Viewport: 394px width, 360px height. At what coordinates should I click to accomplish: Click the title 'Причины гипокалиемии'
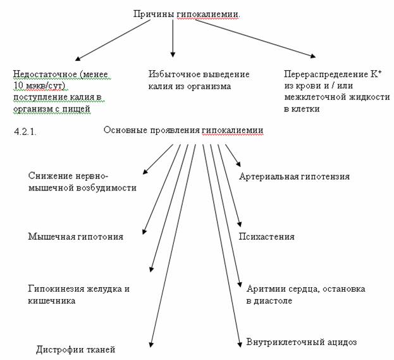(x=187, y=14)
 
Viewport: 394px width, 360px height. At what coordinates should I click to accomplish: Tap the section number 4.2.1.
(x=25, y=132)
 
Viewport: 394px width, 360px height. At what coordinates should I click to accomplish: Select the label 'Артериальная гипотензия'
(x=294, y=177)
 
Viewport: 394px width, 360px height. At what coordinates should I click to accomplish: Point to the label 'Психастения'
(x=266, y=237)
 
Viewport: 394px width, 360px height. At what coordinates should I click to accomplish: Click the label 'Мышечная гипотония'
(x=76, y=237)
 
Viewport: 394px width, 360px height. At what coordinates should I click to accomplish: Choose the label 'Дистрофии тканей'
(x=76, y=349)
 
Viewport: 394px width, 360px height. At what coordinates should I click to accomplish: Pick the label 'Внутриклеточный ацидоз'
(x=302, y=342)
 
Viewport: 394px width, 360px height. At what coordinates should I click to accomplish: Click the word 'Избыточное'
(x=175, y=74)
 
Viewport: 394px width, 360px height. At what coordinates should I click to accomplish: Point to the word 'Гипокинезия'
(x=56, y=289)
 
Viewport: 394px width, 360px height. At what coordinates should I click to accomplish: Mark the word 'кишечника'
(x=51, y=301)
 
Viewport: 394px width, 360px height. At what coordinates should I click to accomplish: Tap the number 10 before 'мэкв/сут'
(x=18, y=85)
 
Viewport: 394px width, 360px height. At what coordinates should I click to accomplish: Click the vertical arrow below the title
(x=173, y=38)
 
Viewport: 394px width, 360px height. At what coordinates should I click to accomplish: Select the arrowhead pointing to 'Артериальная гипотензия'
(x=238, y=164)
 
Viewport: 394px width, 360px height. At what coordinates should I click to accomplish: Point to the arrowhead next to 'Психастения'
(x=240, y=224)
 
